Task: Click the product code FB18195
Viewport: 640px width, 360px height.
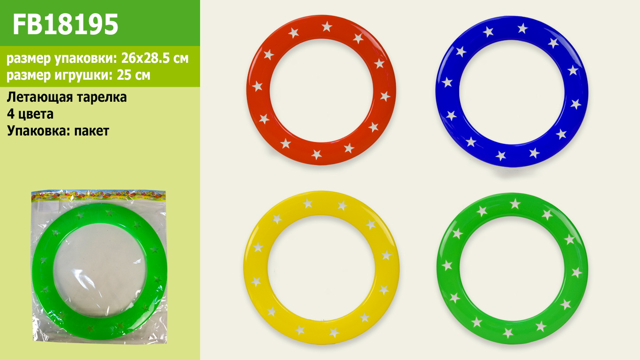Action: click(x=66, y=24)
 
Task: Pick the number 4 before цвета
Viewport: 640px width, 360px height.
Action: click(x=11, y=114)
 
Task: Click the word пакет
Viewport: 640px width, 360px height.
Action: click(x=92, y=131)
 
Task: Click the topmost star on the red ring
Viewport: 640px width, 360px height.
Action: click(x=327, y=26)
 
